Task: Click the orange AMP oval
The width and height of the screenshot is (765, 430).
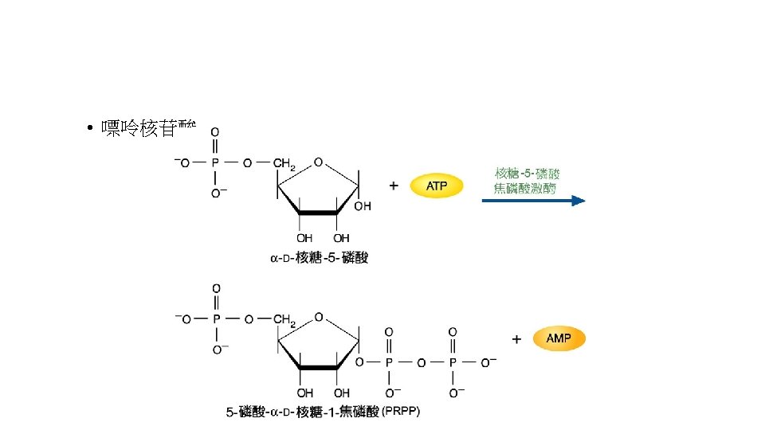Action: click(558, 339)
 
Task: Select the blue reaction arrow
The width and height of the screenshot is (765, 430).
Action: click(533, 201)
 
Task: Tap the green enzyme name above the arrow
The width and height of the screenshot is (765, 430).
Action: click(527, 180)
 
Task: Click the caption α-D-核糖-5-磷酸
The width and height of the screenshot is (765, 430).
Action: click(319, 257)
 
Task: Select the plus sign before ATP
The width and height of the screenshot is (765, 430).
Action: click(394, 186)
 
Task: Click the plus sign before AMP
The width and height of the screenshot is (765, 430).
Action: click(516, 339)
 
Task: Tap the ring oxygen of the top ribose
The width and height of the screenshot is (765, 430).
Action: click(318, 162)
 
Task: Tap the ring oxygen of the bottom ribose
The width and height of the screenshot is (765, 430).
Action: click(318, 317)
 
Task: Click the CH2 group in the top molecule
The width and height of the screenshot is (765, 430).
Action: click(284, 165)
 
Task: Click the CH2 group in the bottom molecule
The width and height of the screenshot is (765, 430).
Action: click(284, 320)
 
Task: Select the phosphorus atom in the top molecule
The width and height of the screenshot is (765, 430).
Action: click(214, 163)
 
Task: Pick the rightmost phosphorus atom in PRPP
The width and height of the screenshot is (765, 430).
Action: click(452, 362)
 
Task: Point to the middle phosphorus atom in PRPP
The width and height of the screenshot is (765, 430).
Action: click(389, 362)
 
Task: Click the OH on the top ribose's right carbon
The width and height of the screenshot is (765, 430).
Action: click(363, 206)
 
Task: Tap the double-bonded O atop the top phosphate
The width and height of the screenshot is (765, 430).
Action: click(214, 132)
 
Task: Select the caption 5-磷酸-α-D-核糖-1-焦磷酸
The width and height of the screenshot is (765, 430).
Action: click(303, 412)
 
